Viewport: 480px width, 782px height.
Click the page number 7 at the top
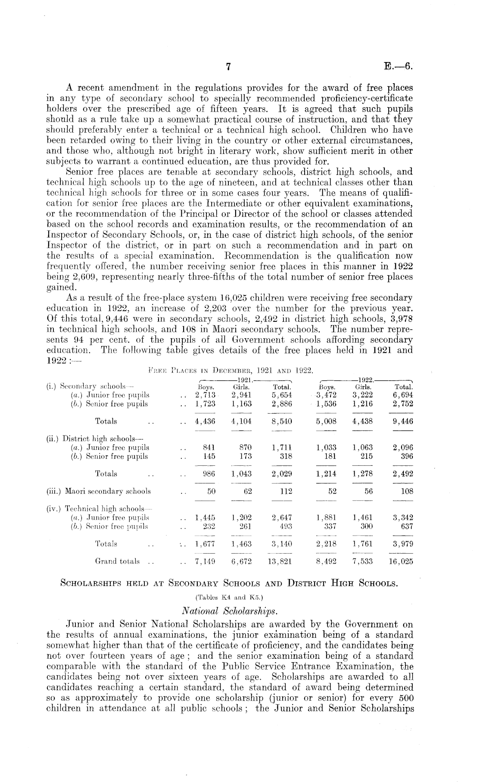[x=229, y=67]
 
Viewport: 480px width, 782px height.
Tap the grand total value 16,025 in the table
[x=401, y=561]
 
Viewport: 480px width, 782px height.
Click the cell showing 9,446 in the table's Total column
[x=402, y=421]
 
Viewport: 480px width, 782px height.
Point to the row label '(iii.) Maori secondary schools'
[x=98, y=491]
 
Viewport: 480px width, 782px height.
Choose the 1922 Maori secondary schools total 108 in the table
[x=406, y=491]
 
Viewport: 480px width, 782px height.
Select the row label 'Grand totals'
[x=117, y=561]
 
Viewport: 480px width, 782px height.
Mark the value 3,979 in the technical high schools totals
[x=402, y=544]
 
